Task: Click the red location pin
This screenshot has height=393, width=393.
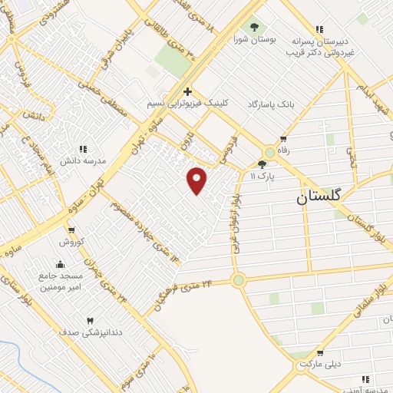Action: click(197, 180)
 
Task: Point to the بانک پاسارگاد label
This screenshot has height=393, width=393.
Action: click(270, 102)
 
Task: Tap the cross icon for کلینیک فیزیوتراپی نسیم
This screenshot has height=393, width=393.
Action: click(187, 91)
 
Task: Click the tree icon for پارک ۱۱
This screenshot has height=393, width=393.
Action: click(262, 163)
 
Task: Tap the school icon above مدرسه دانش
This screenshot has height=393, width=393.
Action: click(83, 149)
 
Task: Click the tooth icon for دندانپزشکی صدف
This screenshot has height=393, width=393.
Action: click(90, 320)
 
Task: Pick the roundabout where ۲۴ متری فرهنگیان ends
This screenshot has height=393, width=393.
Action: click(239, 280)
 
